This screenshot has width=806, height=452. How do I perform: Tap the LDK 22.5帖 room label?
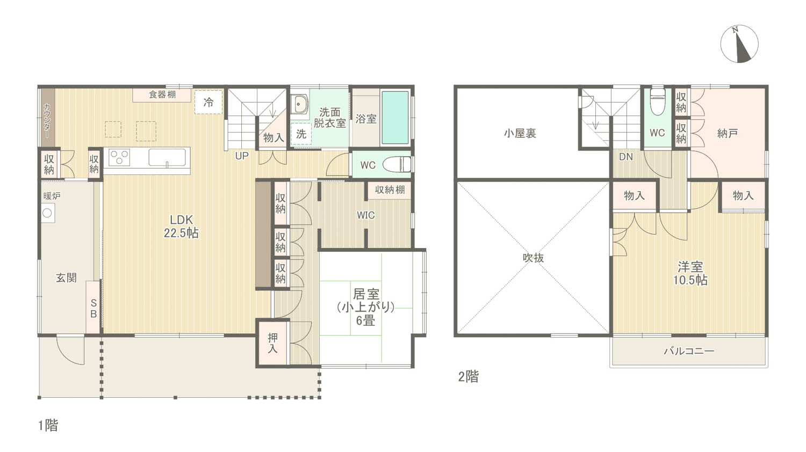pyautogui.click(x=181, y=226)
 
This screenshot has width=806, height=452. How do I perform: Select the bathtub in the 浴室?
pyautogui.click(x=395, y=117)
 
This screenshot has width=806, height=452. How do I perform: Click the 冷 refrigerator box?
pyautogui.click(x=208, y=102)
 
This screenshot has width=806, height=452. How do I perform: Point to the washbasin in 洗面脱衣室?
pyautogui.click(x=299, y=104)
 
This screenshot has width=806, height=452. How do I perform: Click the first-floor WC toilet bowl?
pyautogui.click(x=397, y=165)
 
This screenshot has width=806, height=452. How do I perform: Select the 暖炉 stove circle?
pyautogui.click(x=47, y=213)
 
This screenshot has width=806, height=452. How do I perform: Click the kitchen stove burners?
pyautogui.click(x=119, y=158)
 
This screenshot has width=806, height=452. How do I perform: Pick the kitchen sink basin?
pyautogui.click(x=167, y=158)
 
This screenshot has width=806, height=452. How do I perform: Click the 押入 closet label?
pyautogui.click(x=272, y=343)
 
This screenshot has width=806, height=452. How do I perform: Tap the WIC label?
pyautogui.click(x=365, y=215)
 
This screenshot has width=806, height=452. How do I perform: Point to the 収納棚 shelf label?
pyautogui.click(x=390, y=189)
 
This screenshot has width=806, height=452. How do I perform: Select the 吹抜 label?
pyautogui.click(x=533, y=258)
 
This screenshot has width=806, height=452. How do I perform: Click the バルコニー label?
pyautogui.click(x=689, y=351)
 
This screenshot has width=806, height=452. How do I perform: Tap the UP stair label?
pyautogui.click(x=242, y=156)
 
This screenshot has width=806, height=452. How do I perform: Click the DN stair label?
pyautogui.click(x=626, y=157)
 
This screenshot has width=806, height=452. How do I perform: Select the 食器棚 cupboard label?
pyautogui.click(x=162, y=94)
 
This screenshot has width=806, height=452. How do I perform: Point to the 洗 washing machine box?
pyautogui.click(x=301, y=134)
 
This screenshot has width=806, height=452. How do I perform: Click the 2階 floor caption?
pyautogui.click(x=469, y=376)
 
